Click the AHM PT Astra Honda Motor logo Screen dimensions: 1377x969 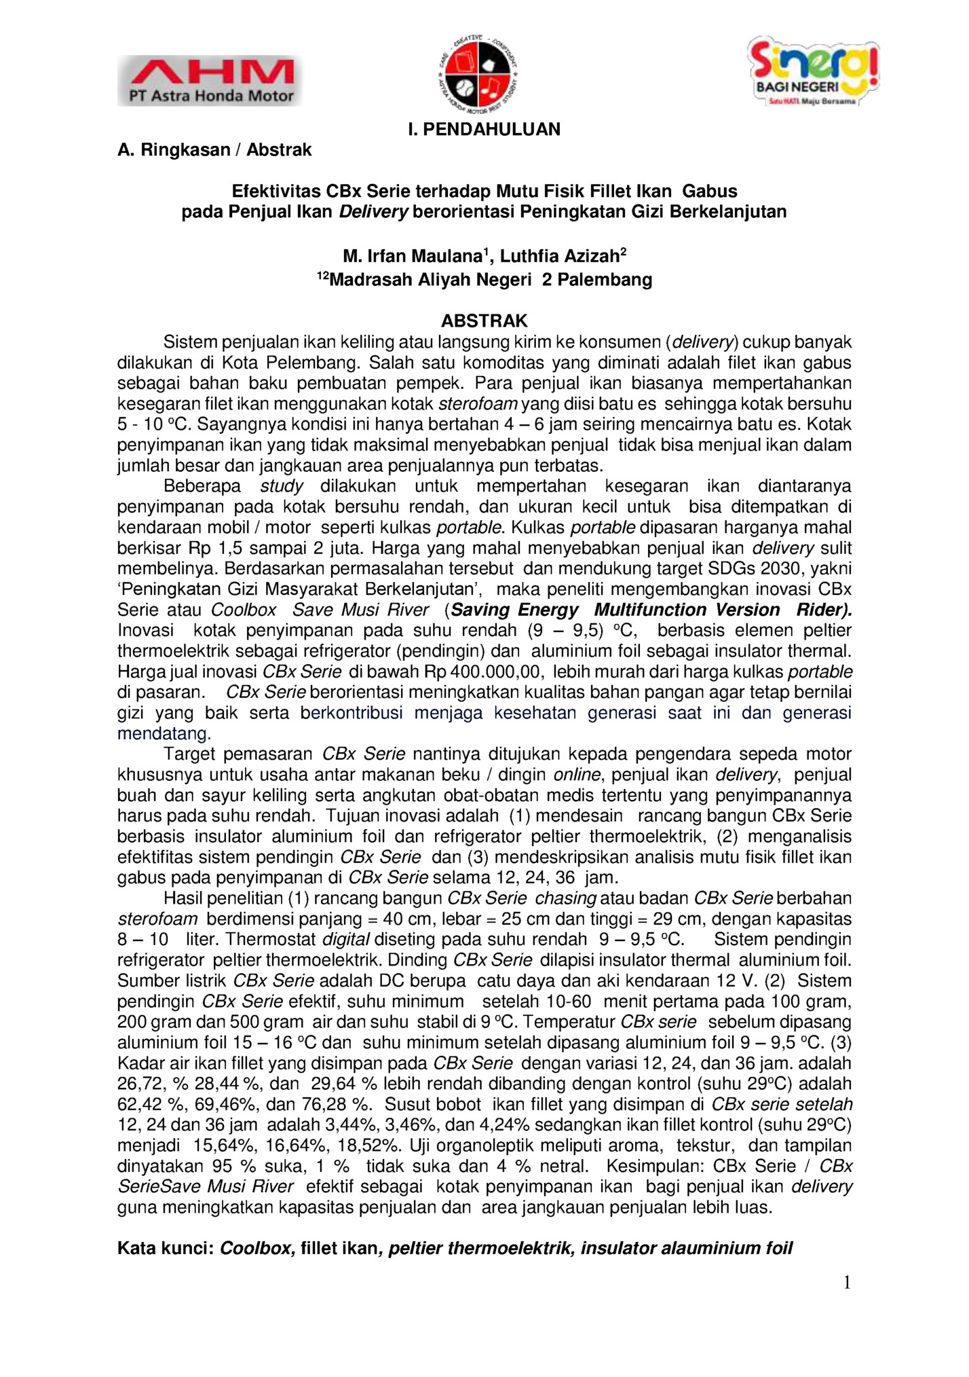pyautogui.click(x=210, y=80)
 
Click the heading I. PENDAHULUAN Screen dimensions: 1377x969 pyautogui.click(x=484, y=130)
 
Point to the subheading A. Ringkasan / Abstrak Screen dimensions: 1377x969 pyautogui.click(x=214, y=150)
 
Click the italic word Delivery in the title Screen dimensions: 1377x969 pyautogui.click(x=373, y=212)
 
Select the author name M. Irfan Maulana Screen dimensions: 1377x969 pyautogui.click(x=413, y=257)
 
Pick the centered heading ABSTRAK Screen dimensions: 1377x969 pyautogui.click(x=484, y=320)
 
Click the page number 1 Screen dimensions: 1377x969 pyautogui.click(x=846, y=1282)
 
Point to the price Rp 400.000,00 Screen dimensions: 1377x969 pyautogui.click(x=483, y=672)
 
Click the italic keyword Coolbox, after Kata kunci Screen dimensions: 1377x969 pyautogui.click(x=257, y=1248)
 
